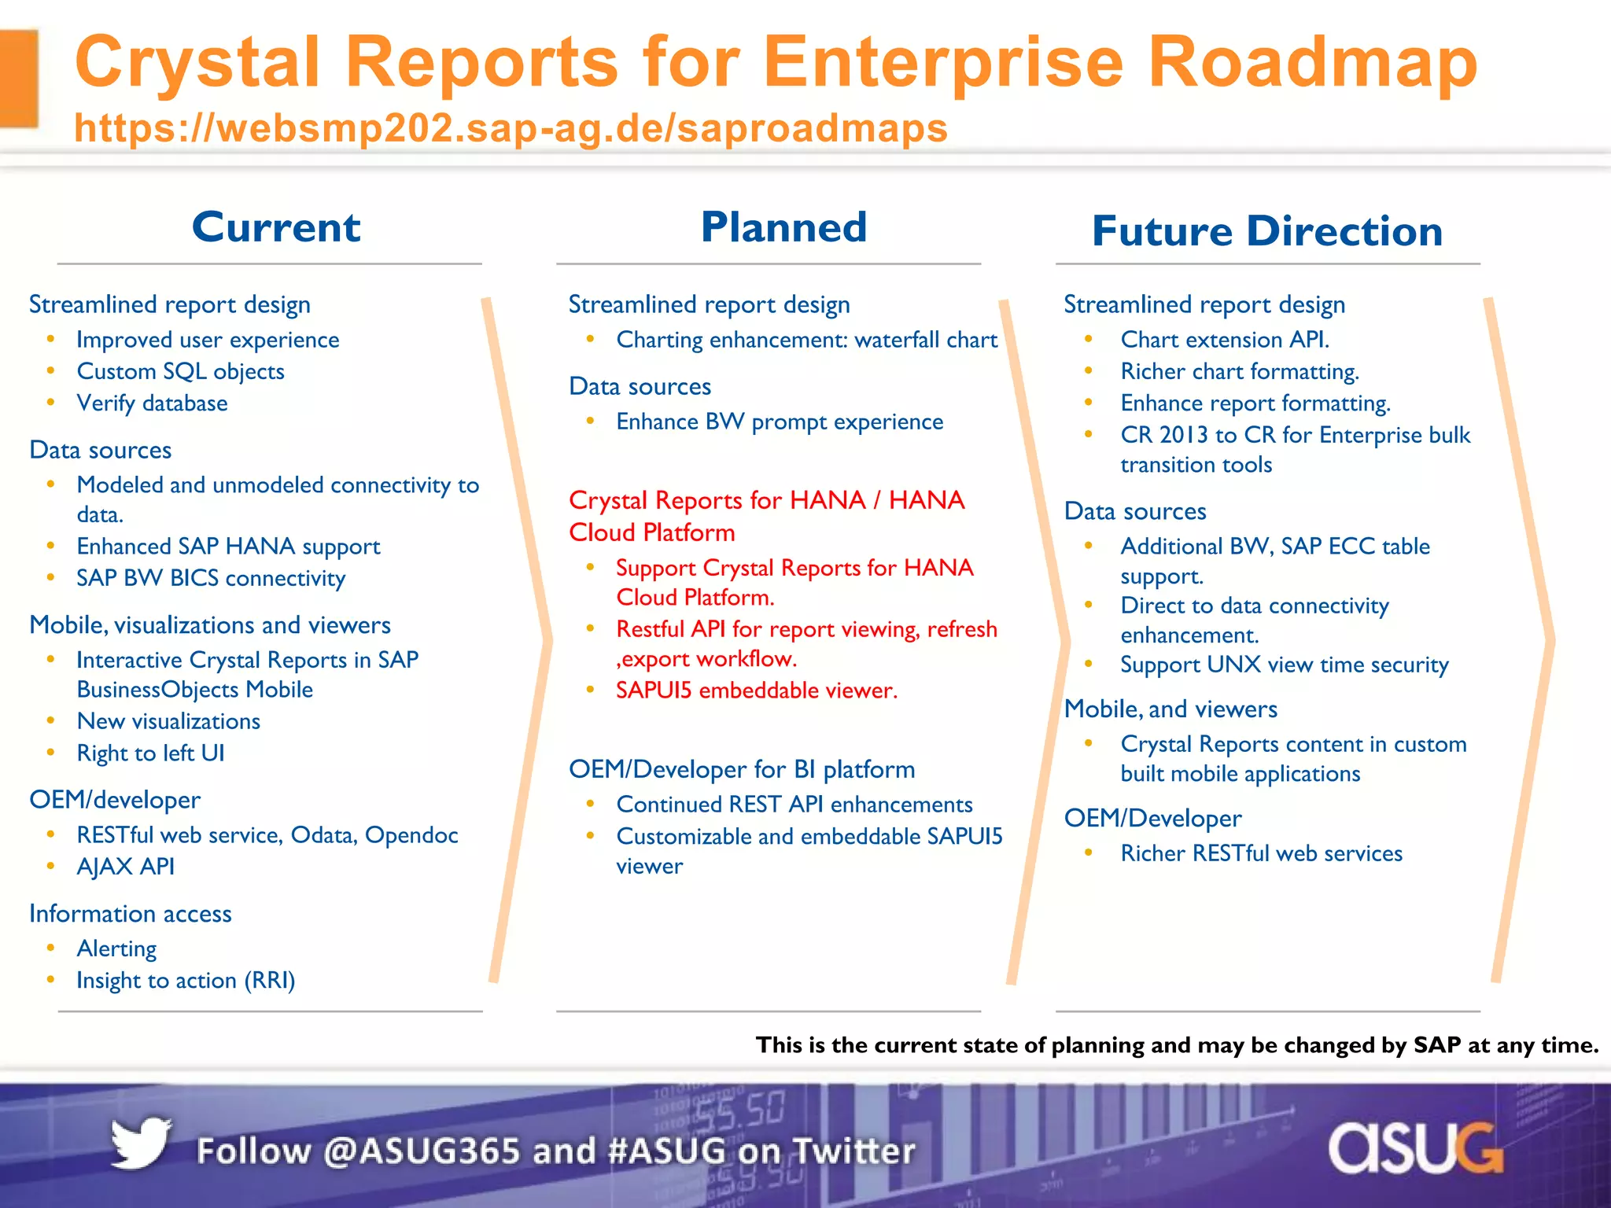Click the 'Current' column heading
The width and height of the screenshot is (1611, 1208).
point(276,228)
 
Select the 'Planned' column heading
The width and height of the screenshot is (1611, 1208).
point(783,228)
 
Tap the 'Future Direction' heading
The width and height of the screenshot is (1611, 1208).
point(1267,232)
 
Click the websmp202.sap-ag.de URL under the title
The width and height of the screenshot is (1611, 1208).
point(511,128)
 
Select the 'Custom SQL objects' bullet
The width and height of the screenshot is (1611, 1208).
point(180,371)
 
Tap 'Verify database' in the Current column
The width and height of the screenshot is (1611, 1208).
point(152,403)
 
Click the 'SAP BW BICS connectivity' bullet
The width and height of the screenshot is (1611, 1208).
point(211,578)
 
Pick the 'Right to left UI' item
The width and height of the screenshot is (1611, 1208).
point(150,753)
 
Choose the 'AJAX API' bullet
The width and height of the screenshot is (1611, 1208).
point(125,867)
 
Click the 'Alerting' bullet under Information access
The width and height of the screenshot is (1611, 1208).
point(116,949)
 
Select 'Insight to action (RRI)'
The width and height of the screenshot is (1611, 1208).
point(186,981)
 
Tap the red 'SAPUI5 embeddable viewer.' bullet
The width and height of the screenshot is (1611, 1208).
point(756,691)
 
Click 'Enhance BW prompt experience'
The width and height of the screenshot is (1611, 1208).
point(780,422)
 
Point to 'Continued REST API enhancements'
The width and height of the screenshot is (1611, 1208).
point(794,805)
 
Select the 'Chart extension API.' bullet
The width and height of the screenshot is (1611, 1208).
point(1225,340)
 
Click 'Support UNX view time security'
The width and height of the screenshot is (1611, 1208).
point(1284,665)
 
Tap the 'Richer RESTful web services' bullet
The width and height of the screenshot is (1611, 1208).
point(1261,854)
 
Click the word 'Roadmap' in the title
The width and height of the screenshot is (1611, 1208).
point(1312,63)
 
